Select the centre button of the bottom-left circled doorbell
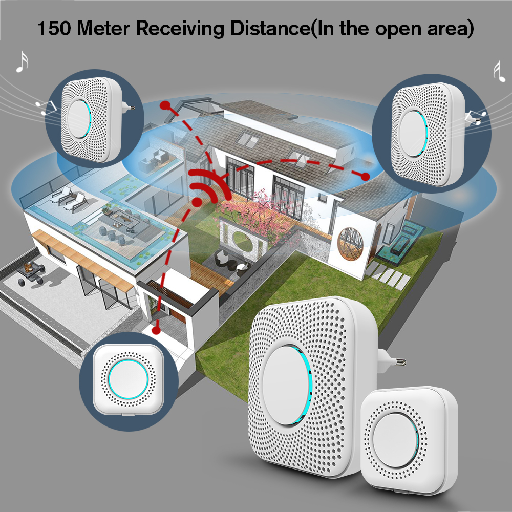(x=128, y=379)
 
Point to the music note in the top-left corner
(x=21, y=61)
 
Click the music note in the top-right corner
(x=496, y=70)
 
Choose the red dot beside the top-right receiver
(x=365, y=176)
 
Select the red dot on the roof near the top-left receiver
(x=165, y=106)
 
